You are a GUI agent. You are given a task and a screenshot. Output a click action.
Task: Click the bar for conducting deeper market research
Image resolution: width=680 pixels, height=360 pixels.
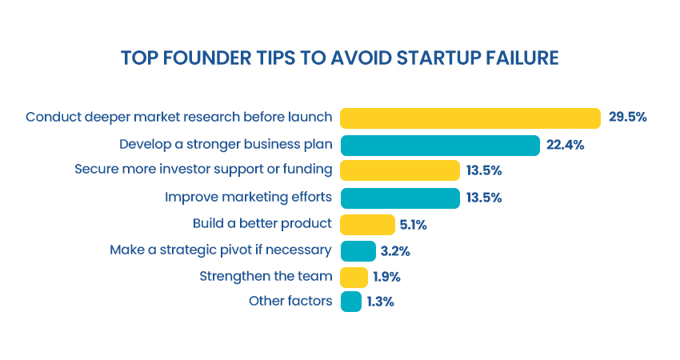[470, 118]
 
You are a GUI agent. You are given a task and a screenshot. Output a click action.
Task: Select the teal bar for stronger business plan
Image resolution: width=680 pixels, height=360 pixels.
[440, 146]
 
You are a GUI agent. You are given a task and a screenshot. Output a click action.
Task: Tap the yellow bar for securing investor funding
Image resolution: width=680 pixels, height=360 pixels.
[400, 170]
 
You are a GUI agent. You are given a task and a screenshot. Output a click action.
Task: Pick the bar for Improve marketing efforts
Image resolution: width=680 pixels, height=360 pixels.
[400, 198]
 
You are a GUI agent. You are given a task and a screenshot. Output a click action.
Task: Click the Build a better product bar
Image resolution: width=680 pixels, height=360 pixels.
[367, 225]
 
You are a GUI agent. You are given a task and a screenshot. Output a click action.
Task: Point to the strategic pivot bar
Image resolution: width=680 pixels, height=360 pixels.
[358, 251]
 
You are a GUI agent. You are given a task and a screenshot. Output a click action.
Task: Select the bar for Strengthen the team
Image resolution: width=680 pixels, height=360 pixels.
[354, 277]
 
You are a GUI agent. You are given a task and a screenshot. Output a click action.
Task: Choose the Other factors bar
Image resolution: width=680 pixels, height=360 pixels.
[351, 302]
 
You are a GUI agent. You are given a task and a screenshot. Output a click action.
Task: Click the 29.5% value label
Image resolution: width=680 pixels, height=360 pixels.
[627, 117]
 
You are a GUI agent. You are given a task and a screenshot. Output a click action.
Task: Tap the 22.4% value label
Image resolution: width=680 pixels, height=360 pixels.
[565, 145]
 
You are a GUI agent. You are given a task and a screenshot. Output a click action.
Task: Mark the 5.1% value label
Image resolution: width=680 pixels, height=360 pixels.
[414, 225]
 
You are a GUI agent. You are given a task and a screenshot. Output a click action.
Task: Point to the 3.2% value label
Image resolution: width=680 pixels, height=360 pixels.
[395, 251]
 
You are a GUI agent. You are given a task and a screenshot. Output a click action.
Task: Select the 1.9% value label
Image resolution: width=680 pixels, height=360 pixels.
[387, 277]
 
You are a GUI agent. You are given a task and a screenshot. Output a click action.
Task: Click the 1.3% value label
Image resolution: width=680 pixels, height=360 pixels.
[380, 302]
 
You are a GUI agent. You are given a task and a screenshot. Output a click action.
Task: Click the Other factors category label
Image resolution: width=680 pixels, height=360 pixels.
[290, 301]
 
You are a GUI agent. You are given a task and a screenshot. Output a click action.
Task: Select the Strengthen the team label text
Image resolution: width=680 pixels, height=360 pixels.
[266, 276]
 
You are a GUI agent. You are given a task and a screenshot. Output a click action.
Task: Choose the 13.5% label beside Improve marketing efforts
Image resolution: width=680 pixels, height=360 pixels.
[484, 198]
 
